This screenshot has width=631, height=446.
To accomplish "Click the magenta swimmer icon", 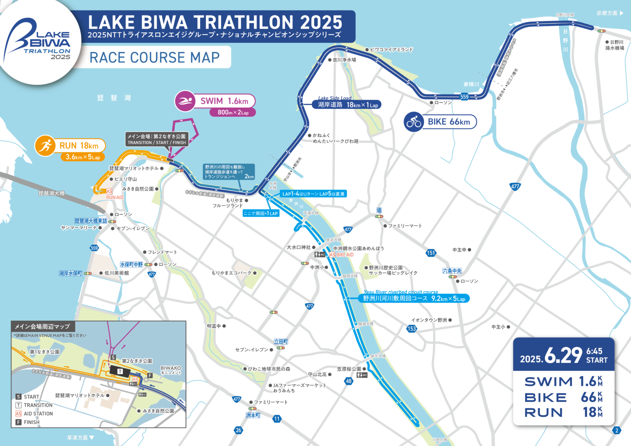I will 185,101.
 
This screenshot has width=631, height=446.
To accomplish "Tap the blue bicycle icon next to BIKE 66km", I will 414,122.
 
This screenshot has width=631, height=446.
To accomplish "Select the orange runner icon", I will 45,145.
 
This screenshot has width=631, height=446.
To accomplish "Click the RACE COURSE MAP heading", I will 154,57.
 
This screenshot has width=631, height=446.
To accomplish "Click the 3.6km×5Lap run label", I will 83,157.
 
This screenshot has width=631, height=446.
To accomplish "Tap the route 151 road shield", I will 431,253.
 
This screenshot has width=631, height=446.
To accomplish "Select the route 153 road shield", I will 412,329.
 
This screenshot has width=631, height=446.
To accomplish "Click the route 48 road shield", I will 348,381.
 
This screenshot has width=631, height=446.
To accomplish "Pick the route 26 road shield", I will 238,430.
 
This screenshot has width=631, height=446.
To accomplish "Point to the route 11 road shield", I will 277,418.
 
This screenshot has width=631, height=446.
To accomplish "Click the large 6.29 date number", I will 563,355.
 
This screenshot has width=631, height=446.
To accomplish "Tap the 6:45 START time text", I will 596,356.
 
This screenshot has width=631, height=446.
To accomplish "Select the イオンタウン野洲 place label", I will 429,320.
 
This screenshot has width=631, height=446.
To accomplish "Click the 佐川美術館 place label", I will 116,273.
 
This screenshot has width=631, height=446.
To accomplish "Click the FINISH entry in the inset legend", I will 31,422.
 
